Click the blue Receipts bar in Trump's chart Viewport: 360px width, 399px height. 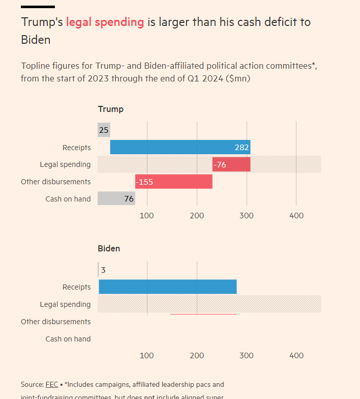[173, 147]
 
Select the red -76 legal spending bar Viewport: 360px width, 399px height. [231, 164]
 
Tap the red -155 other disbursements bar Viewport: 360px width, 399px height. [174, 182]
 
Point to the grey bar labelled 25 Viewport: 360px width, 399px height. [104, 130]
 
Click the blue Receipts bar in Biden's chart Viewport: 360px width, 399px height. [168, 287]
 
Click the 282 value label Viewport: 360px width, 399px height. [241, 147]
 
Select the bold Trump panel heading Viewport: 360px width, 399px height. [110, 109]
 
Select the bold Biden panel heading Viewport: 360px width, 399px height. [109, 248]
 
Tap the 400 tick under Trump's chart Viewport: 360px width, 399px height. [296, 216]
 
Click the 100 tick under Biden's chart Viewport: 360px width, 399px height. [147, 355]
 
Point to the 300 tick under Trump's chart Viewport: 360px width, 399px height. [247, 216]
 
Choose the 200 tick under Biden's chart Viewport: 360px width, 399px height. [197, 355]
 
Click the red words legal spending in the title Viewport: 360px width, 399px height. [105, 22]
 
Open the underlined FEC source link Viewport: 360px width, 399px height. [52, 384]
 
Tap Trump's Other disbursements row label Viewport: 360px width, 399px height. [56, 182]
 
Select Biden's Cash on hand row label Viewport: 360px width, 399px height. [68, 339]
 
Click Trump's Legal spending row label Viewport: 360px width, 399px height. [65, 164]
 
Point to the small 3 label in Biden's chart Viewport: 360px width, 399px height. [103, 270]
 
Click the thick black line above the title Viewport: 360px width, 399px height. [38, 7]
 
